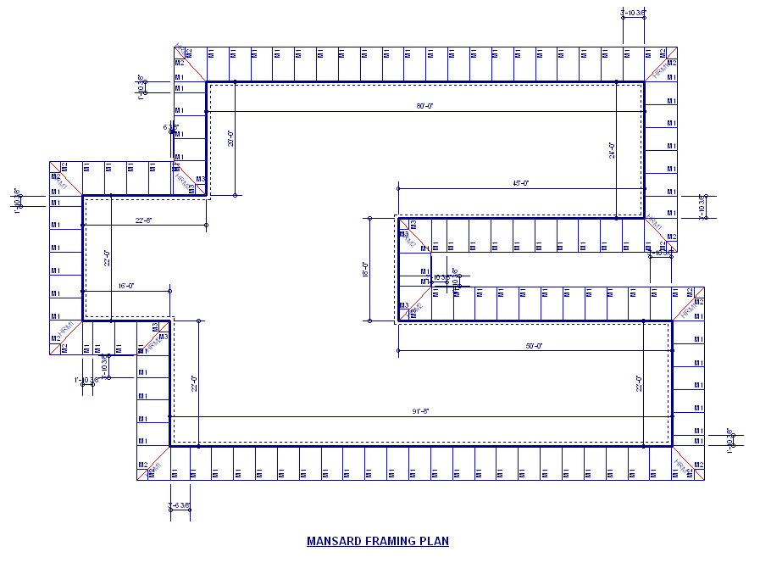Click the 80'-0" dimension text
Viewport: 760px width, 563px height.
click(424, 106)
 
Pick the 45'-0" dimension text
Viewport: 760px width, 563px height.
click(520, 183)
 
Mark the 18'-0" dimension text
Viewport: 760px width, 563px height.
click(365, 270)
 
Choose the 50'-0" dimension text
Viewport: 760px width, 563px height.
click(534, 346)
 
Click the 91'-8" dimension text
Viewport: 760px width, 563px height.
click(421, 411)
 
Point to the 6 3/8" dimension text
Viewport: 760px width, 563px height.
click(170, 127)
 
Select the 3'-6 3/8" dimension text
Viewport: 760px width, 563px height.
click(180, 506)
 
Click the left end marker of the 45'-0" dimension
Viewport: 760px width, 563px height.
click(397, 187)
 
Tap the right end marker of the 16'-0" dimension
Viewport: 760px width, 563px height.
click(170, 291)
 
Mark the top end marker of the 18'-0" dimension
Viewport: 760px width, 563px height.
click(369, 218)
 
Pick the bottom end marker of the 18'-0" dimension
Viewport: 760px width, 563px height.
click(369, 321)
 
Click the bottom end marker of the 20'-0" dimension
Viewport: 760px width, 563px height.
click(235, 196)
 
